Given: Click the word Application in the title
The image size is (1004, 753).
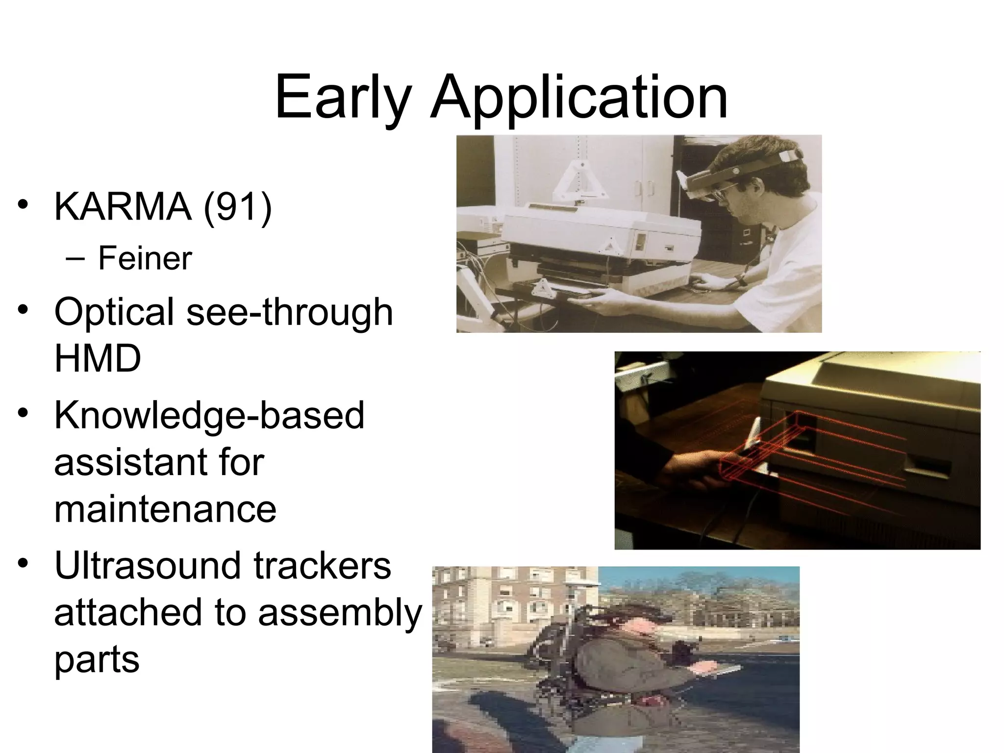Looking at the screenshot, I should (x=578, y=98).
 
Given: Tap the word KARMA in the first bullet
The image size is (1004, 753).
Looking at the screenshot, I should (x=122, y=207).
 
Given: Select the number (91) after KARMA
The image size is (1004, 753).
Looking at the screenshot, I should (x=237, y=207).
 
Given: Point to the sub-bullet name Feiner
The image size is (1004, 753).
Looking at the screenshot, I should (x=145, y=258).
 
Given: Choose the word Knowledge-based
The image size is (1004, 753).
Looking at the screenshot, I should (x=209, y=415).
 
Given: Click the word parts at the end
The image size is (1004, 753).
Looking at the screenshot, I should (x=97, y=659).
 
